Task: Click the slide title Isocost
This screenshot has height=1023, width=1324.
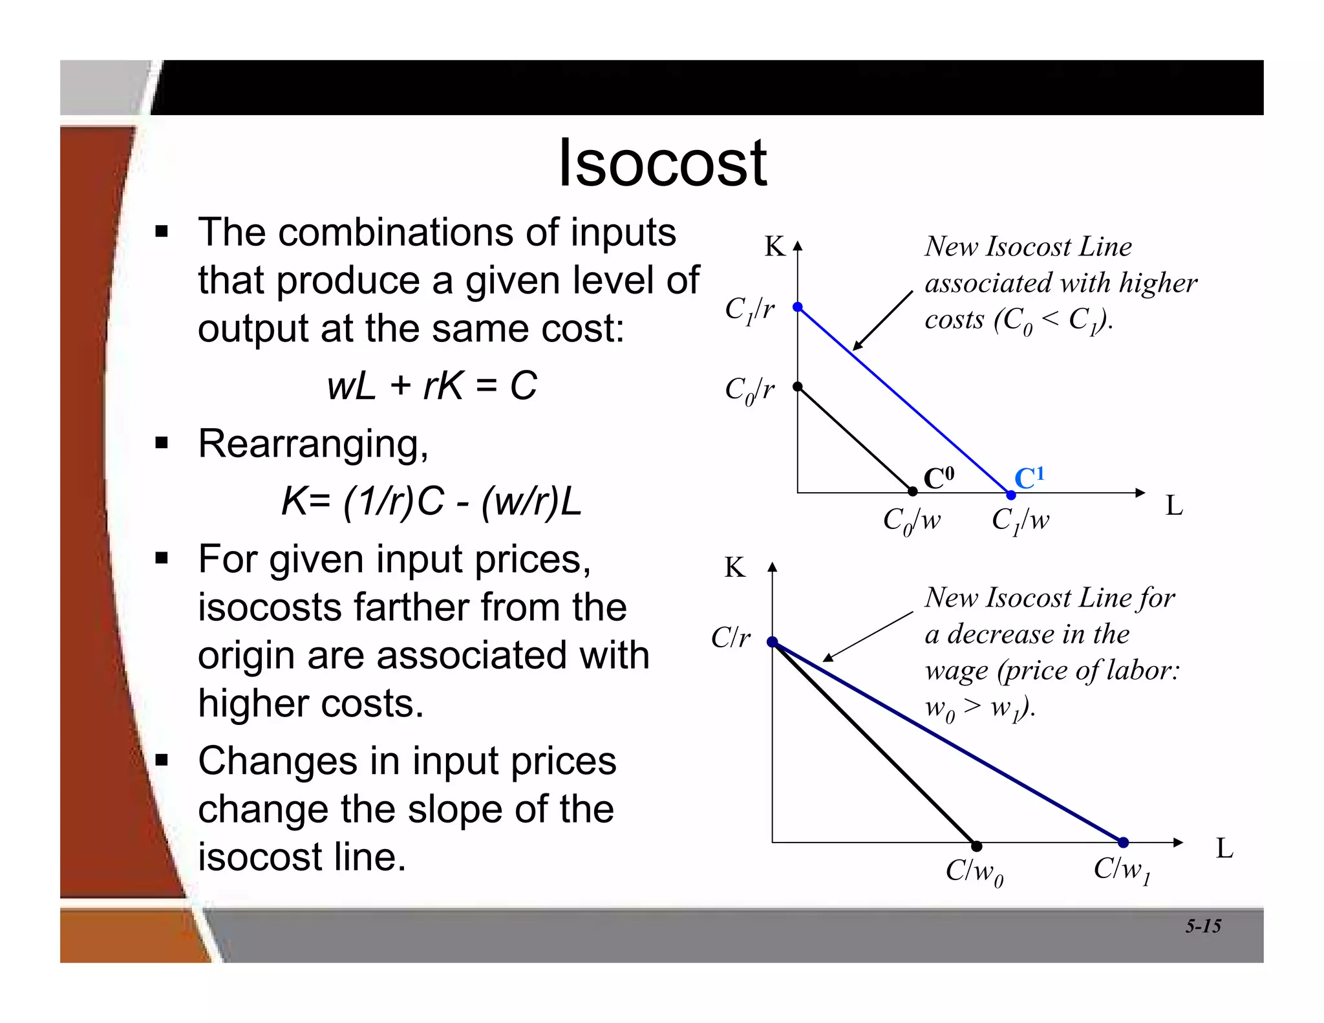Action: pyautogui.click(x=662, y=164)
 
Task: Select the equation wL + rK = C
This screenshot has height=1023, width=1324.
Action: pyautogui.click(x=432, y=386)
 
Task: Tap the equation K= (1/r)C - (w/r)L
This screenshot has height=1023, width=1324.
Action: pyautogui.click(x=432, y=501)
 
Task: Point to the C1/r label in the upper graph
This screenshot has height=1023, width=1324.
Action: pyautogui.click(x=749, y=310)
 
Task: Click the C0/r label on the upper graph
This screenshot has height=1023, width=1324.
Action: pyautogui.click(x=749, y=390)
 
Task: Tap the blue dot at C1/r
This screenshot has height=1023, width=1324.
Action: pyautogui.click(x=798, y=307)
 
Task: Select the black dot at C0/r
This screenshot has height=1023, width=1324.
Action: pyautogui.click(x=798, y=387)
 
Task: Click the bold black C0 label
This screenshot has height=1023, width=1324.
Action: pyautogui.click(x=938, y=479)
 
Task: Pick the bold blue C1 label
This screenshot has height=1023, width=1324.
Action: pyautogui.click(x=1029, y=479)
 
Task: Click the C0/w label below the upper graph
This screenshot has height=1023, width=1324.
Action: pyautogui.click(x=912, y=521)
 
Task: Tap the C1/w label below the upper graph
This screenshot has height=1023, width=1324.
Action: pyautogui.click(x=1020, y=521)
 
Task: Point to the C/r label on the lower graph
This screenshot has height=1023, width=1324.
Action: pyautogui.click(x=731, y=638)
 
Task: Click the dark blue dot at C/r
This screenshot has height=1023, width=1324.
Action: pyautogui.click(x=772, y=642)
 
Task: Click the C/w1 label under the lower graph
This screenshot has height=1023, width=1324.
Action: pyautogui.click(x=1122, y=870)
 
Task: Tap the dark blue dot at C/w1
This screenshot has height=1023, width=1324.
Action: pyautogui.click(x=1124, y=843)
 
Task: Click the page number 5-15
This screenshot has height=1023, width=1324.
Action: pyautogui.click(x=1202, y=927)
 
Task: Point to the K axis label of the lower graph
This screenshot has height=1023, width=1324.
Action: pyautogui.click(x=735, y=568)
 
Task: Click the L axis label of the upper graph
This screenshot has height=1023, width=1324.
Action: pyautogui.click(x=1174, y=506)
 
